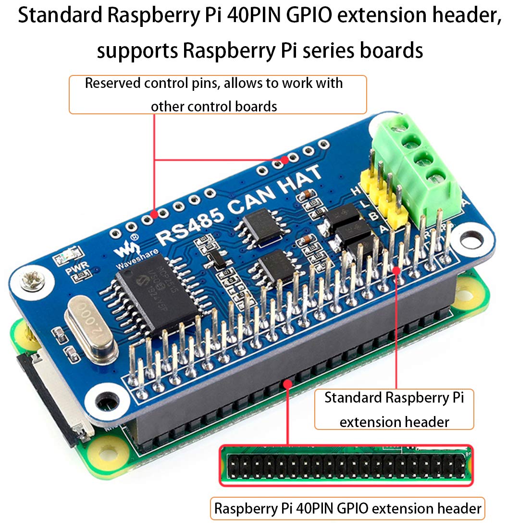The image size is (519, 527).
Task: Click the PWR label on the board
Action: [x=74, y=270]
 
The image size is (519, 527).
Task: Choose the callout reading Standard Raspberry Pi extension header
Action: [x=394, y=409]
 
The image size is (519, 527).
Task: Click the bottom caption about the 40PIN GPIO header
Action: [x=347, y=508]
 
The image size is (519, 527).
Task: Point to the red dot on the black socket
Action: [x=287, y=383]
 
